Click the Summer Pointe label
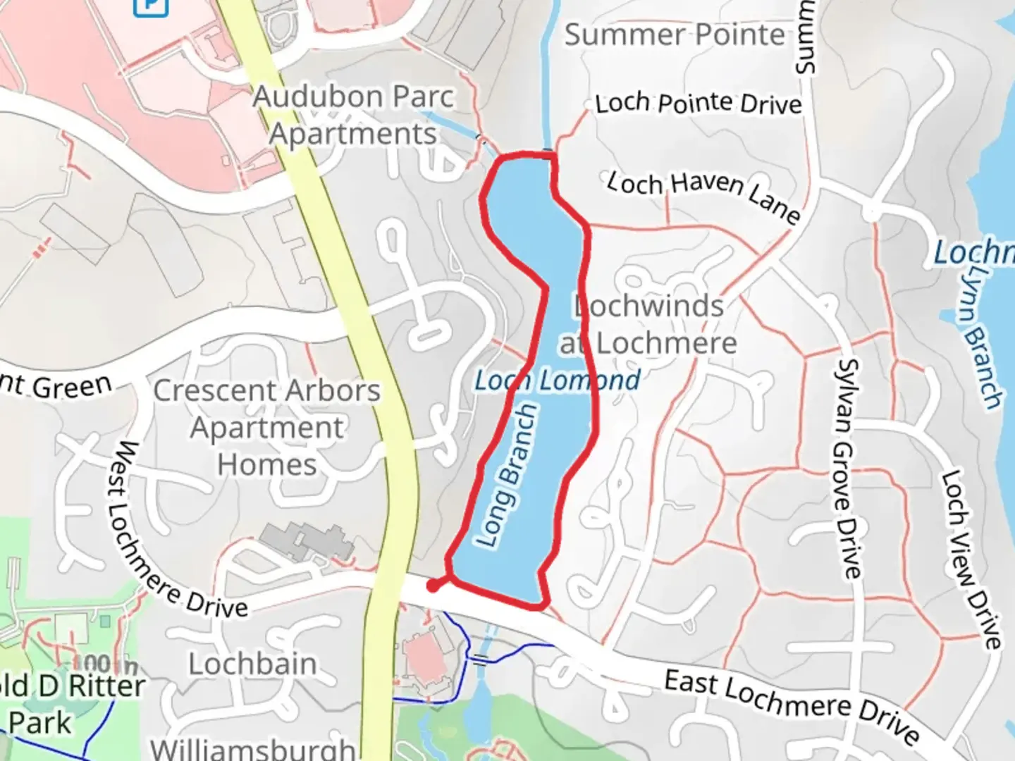point(675,35)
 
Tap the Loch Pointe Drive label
point(699,104)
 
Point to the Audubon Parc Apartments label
point(353,115)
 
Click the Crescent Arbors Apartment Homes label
point(267,427)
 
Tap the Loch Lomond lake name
point(557,380)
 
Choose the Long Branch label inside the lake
point(508,476)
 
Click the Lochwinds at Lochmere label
point(648,325)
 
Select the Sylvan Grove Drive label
point(848,468)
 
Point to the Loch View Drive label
point(971,560)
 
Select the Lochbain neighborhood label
point(252,664)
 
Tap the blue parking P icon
point(151,6)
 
